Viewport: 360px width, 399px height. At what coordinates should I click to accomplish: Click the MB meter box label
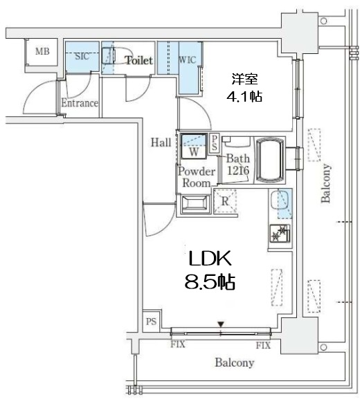pyautogui.click(x=42, y=51)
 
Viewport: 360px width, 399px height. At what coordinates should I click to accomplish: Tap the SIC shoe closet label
pyautogui.click(x=82, y=56)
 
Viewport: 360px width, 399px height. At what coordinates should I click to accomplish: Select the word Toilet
pyautogui.click(x=139, y=60)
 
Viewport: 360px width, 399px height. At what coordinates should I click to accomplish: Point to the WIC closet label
pyautogui.click(x=187, y=60)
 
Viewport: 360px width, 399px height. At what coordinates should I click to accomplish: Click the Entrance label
pyautogui.click(x=80, y=103)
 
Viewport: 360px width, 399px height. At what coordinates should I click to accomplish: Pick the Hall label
pyautogui.click(x=161, y=142)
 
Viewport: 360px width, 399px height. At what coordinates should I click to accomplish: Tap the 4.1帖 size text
pyautogui.click(x=244, y=97)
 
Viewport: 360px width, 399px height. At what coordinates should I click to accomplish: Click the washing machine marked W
pyautogui.click(x=193, y=147)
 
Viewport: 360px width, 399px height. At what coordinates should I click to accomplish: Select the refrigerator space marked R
pyautogui.click(x=225, y=201)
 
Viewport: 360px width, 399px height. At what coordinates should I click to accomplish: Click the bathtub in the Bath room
pyautogui.click(x=269, y=160)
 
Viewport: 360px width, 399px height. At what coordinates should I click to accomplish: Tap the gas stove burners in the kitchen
pyautogui.click(x=280, y=233)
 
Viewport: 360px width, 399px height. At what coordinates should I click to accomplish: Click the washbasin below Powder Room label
pyautogui.click(x=195, y=203)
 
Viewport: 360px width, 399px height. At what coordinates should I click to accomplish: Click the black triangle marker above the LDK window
pyautogui.click(x=221, y=324)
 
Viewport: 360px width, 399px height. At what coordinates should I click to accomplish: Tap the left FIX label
pyautogui.click(x=178, y=344)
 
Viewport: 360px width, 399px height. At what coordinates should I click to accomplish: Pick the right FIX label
pyautogui.click(x=263, y=345)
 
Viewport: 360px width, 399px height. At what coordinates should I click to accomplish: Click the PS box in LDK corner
pyautogui.click(x=152, y=321)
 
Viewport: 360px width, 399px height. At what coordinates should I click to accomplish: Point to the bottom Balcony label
pyautogui.click(x=235, y=362)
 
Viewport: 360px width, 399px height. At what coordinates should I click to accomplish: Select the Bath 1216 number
pyautogui.click(x=238, y=171)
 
